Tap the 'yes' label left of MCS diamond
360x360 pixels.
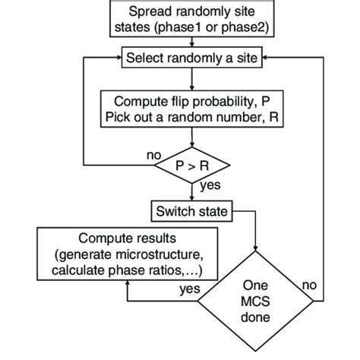coord(190,289)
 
